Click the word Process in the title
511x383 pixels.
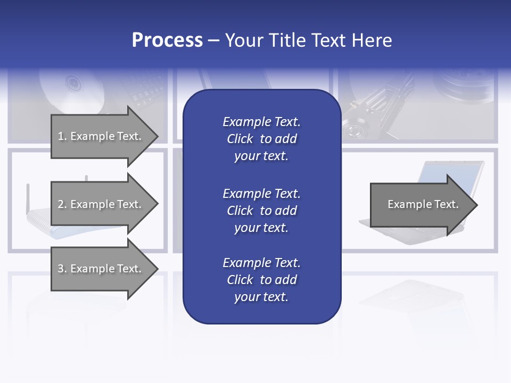(x=167, y=40)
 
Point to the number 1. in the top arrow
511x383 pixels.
(x=62, y=136)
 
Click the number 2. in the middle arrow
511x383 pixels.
(x=62, y=204)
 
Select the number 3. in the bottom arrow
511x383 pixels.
(x=62, y=269)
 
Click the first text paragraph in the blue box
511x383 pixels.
(x=261, y=139)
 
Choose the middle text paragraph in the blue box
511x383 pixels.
(x=261, y=211)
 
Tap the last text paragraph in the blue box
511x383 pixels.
(x=261, y=280)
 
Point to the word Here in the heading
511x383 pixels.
(x=372, y=40)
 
